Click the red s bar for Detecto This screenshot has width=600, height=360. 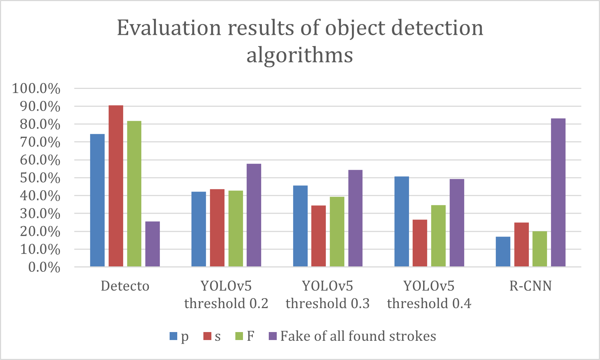coord(116,186)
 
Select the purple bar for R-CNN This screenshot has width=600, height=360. coord(558,192)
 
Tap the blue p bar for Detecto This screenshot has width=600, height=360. coord(97,200)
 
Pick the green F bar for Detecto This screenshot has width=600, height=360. coord(134,194)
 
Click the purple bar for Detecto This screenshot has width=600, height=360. coord(153,244)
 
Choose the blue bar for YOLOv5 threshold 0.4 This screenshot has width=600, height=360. coord(402,221)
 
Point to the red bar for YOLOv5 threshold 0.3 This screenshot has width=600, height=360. coord(319,236)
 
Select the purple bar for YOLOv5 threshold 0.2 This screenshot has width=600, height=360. coord(254,215)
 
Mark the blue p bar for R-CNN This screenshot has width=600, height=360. coord(503,251)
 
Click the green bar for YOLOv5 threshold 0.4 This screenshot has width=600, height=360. coord(438,236)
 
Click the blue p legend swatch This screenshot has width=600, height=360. coord(173,336)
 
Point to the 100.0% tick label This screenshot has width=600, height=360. coord(36,88)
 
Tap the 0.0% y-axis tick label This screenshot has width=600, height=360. coord(44,267)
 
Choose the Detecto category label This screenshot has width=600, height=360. coord(125,286)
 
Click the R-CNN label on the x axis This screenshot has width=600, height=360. coord(531,286)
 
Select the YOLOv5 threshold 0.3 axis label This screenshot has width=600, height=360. coord(328,294)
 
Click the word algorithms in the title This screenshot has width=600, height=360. coord(300,56)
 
